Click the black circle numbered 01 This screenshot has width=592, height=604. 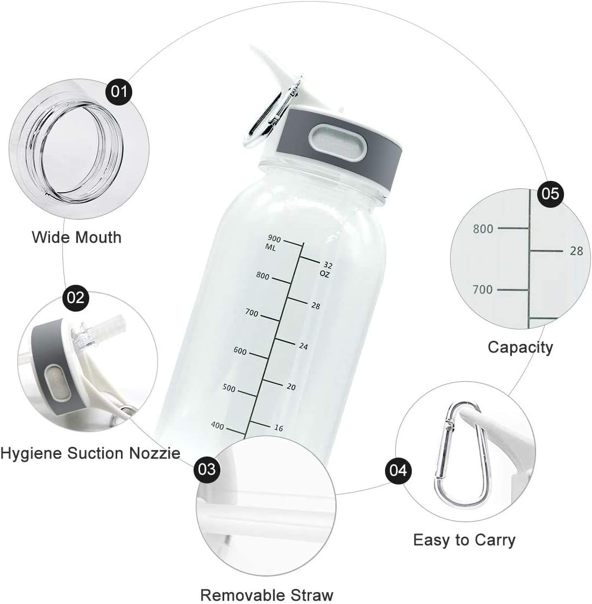click(119, 91)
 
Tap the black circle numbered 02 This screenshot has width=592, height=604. click(76, 296)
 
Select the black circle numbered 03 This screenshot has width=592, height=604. click(207, 469)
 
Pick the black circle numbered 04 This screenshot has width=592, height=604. click(398, 470)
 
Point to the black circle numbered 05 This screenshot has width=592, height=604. click(550, 193)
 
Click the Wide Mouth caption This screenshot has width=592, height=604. click(76, 237)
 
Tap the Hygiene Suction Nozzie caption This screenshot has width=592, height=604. click(90, 453)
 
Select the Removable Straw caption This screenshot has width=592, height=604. click(267, 595)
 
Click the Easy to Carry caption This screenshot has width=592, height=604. click(464, 539)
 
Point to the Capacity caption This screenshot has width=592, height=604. click(520, 347)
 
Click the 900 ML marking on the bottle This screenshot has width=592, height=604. click(274, 243)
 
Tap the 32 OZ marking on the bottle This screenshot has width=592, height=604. click(326, 269)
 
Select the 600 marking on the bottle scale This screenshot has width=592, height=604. click(240, 352)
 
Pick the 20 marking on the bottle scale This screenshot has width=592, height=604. click(291, 387)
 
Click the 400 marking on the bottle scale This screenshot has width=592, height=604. click(217, 426)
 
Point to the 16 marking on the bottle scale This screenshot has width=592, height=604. click(279, 428)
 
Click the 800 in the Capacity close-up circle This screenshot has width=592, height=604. click(483, 229)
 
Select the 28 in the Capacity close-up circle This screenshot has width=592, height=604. click(576, 251)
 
